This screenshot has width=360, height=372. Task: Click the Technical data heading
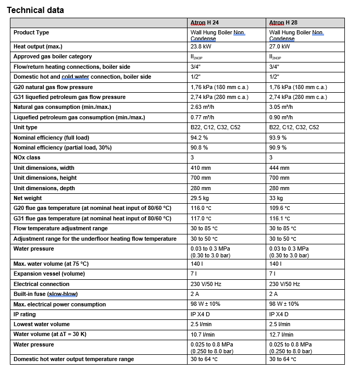35,10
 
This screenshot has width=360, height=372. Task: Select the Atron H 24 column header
205,23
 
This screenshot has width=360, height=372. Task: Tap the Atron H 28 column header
283,23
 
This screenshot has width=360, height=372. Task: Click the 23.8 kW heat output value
201,46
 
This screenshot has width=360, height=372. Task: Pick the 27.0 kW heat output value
280,46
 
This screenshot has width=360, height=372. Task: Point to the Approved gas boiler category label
53,56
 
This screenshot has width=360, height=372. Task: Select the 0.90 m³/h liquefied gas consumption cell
281,117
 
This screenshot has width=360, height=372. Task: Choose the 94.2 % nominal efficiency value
200,138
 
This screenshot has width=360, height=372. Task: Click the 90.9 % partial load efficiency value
278,147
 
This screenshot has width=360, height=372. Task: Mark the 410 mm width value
201,168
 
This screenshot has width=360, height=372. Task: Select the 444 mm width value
279,168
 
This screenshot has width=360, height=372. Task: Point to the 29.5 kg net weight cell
201,198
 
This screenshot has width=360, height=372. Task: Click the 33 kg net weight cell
276,198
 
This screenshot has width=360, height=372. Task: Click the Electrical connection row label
41,284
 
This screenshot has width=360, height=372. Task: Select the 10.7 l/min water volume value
203,334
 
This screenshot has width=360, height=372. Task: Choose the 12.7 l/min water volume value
281,334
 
